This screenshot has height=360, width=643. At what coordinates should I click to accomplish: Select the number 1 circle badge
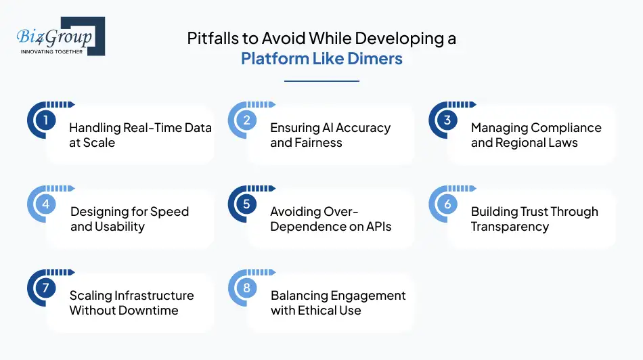(45, 120)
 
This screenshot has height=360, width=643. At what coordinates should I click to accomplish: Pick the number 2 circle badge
(246, 120)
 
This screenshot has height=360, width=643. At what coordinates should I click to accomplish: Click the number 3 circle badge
(447, 120)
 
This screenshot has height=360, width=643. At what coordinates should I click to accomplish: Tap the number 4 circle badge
(45, 204)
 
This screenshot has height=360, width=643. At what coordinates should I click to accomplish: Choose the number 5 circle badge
(246, 204)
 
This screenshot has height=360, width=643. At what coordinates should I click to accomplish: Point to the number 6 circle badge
(447, 204)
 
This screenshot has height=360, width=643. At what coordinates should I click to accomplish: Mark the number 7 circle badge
(45, 288)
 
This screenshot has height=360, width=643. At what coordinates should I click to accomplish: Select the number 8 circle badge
(246, 288)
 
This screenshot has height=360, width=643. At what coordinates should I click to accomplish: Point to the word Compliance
(567, 128)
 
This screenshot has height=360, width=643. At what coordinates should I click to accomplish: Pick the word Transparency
(510, 227)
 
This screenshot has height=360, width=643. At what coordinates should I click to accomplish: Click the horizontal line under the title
(321, 81)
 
